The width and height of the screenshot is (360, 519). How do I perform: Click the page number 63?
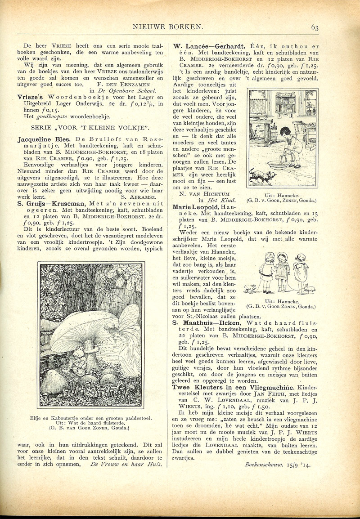click(x=315, y=27)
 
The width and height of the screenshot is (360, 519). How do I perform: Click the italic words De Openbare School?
click(x=127, y=90)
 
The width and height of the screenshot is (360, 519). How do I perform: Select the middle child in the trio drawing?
click(x=282, y=270)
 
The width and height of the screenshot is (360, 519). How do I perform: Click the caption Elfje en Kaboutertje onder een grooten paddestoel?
click(x=91, y=416)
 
